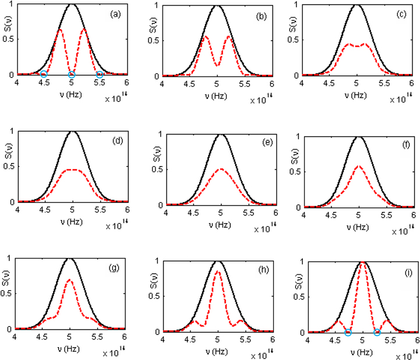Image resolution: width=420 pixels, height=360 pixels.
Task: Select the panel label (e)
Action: [258, 143]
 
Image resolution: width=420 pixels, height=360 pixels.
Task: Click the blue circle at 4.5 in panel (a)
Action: [44, 75]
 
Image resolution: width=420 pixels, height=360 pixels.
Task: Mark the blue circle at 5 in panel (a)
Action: [72, 75]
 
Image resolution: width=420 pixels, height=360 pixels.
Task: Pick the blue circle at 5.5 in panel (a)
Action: [100, 75]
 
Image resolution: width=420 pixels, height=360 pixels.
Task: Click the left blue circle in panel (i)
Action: [348, 333]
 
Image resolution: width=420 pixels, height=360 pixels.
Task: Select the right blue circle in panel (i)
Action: [377, 333]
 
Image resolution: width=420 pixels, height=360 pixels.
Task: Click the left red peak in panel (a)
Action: [60, 29]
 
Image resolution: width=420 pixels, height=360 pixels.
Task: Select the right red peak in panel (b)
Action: [229, 37]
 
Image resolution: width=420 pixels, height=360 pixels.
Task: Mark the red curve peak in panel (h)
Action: [217, 271]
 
